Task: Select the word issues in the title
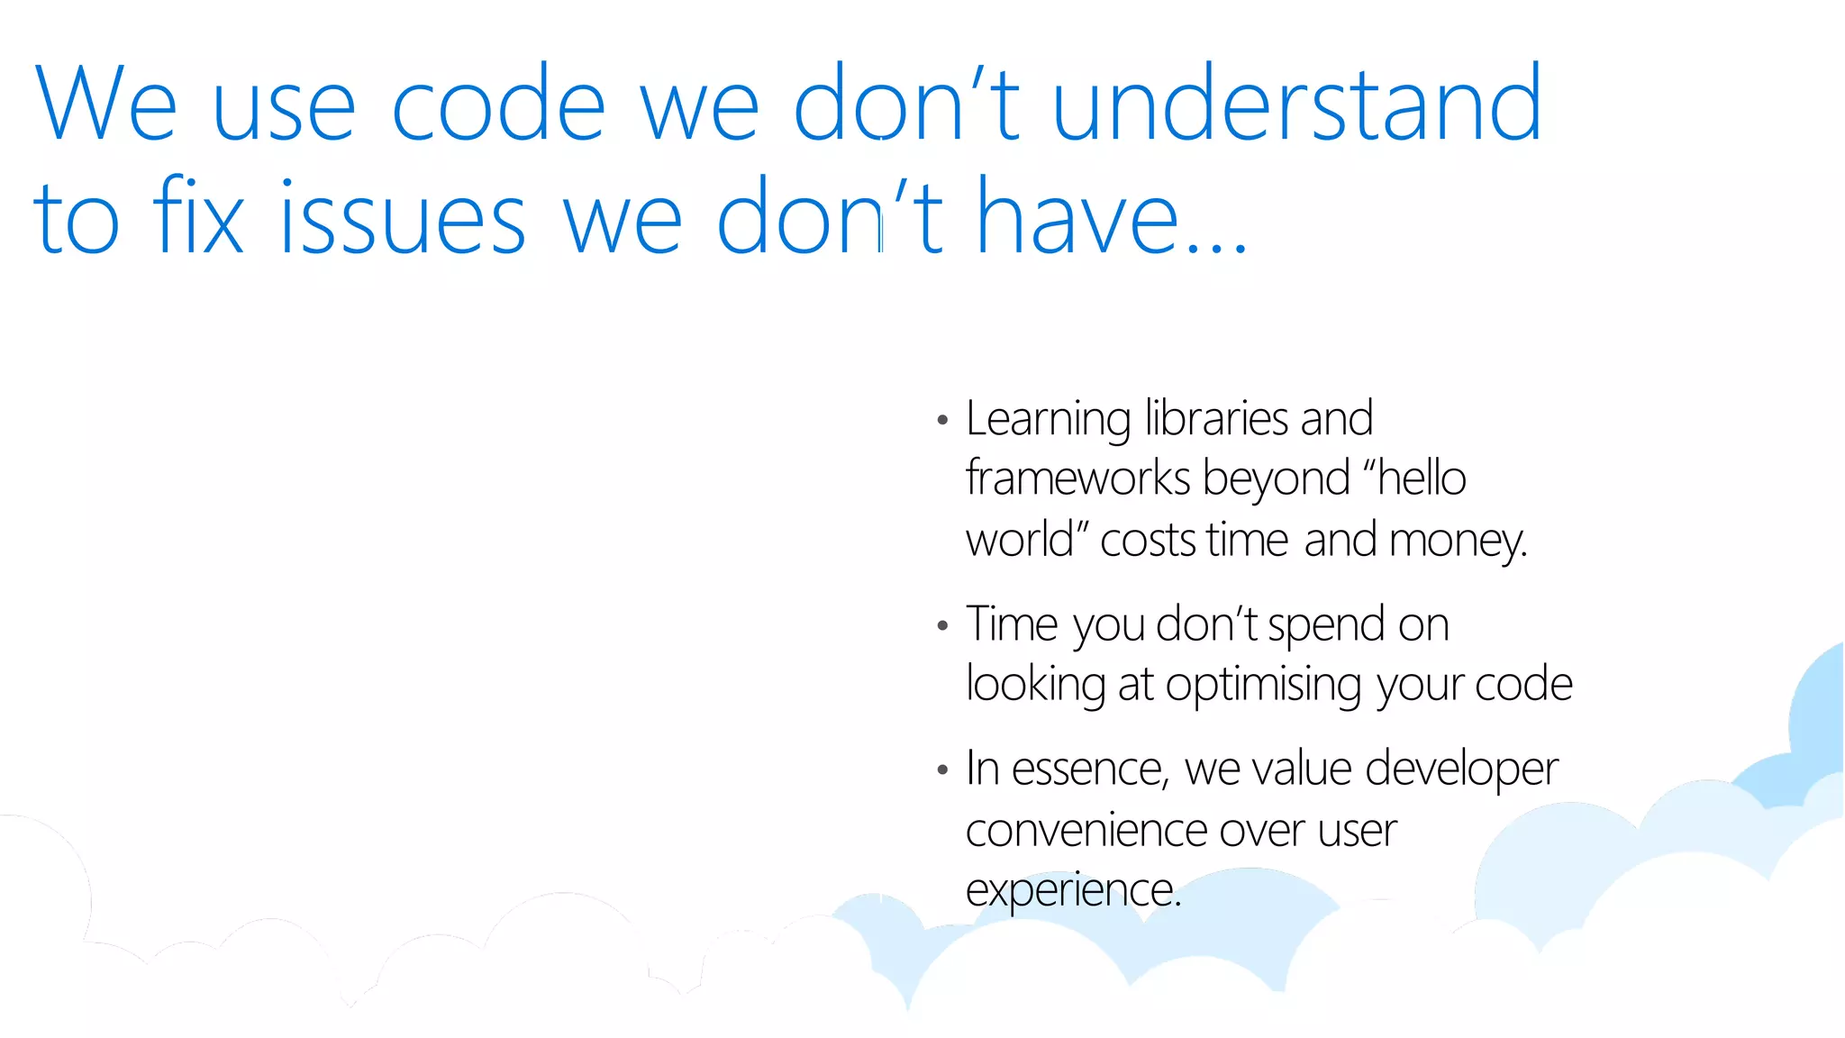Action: click(402, 218)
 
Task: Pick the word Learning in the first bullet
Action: click(1048, 420)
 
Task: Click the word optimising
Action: click(1263, 685)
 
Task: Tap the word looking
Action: click(1035, 685)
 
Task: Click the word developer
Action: click(1461, 770)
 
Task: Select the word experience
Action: click(1071, 891)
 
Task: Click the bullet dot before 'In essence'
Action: click(942, 770)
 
